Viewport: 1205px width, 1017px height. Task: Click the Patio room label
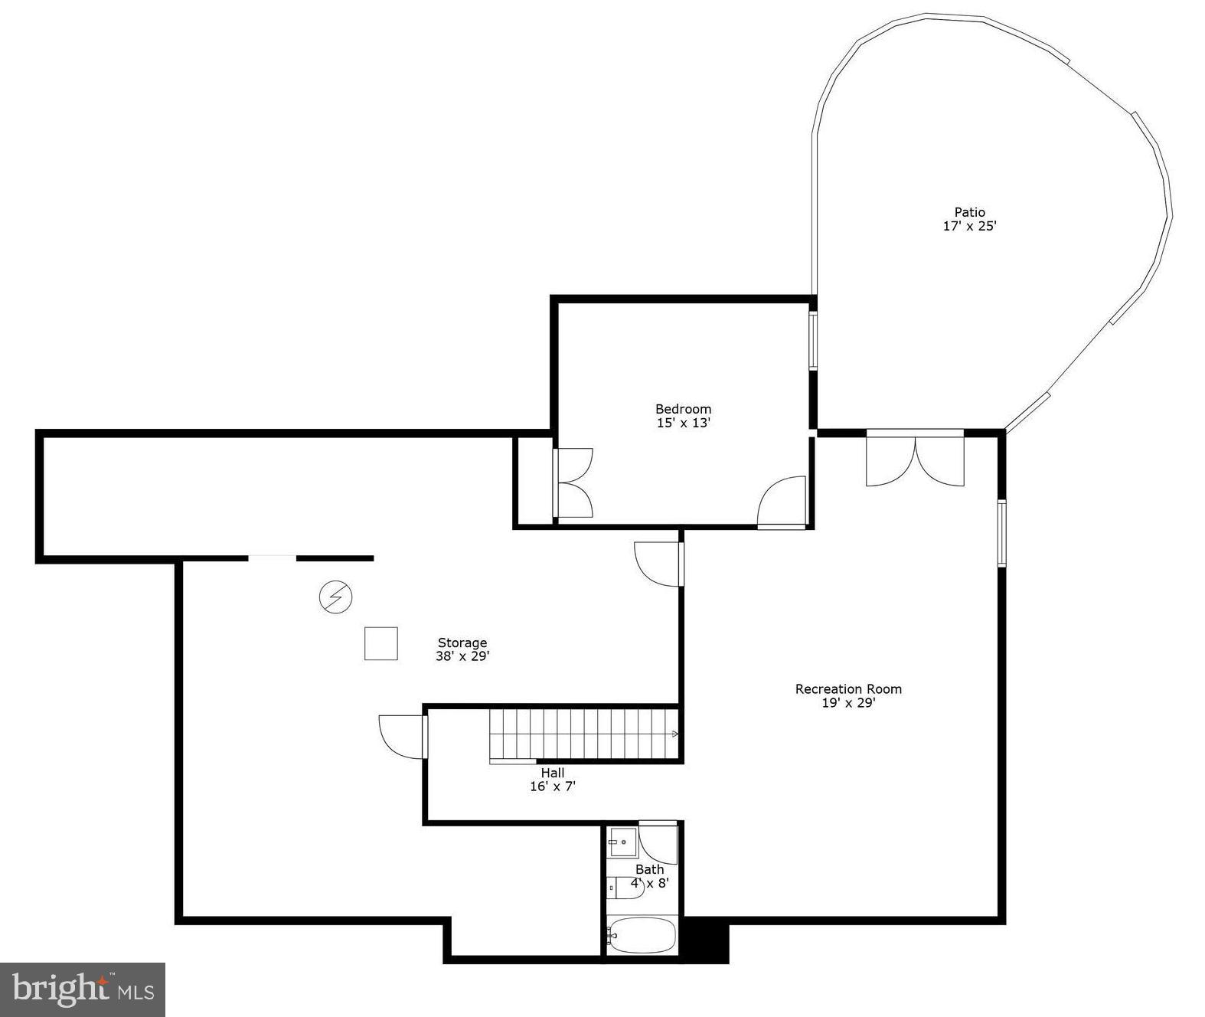969,212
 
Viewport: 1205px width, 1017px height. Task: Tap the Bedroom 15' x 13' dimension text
683,423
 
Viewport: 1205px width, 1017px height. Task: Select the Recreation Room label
848,689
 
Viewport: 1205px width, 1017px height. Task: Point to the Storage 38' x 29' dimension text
462,656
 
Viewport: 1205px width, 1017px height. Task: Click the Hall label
552,773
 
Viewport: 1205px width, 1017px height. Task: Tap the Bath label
649,869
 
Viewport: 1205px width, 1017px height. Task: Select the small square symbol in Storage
380,643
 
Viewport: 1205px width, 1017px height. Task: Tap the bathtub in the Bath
642,935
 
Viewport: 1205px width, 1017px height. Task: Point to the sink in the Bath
622,842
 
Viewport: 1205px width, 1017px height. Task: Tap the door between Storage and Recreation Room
659,564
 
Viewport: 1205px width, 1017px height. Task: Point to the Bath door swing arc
658,842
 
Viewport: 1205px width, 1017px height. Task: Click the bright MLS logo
83,989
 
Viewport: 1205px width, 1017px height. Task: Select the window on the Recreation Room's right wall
1001,533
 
